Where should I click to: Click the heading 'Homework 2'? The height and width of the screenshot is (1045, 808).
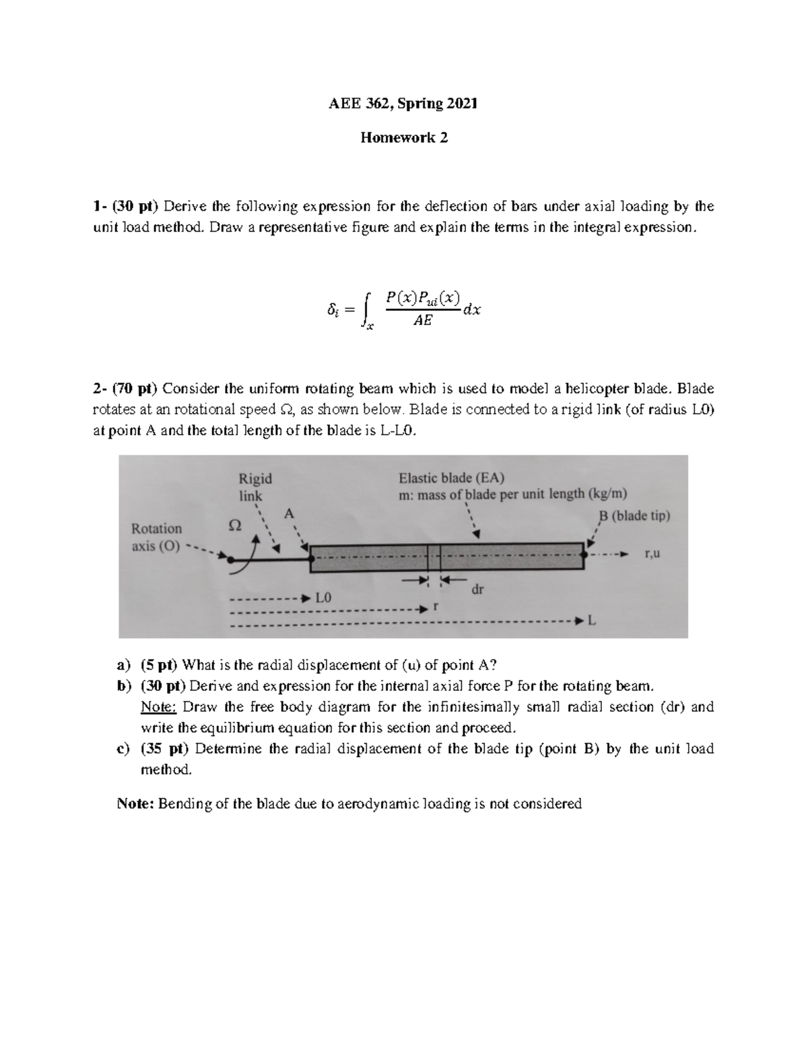point(403,138)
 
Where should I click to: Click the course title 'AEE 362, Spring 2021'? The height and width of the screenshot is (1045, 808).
point(403,104)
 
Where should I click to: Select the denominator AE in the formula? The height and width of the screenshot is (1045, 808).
point(422,322)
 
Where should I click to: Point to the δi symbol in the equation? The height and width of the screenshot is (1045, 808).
point(332,310)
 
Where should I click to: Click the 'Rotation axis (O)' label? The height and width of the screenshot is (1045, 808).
point(156,537)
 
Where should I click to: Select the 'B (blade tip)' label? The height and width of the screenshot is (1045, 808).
point(634,515)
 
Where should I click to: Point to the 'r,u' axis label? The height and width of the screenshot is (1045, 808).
point(652,554)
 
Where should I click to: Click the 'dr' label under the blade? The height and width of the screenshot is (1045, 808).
point(477,589)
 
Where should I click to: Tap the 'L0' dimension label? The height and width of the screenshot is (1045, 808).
point(324,598)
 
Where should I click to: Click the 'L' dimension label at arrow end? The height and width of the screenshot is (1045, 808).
point(592,622)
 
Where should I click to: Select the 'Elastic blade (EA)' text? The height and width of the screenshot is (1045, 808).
point(451,478)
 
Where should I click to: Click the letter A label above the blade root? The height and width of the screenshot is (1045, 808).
point(290,513)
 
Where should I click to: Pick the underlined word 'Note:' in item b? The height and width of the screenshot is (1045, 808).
point(158,707)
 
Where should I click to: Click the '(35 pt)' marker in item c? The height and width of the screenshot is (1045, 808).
point(165,749)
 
